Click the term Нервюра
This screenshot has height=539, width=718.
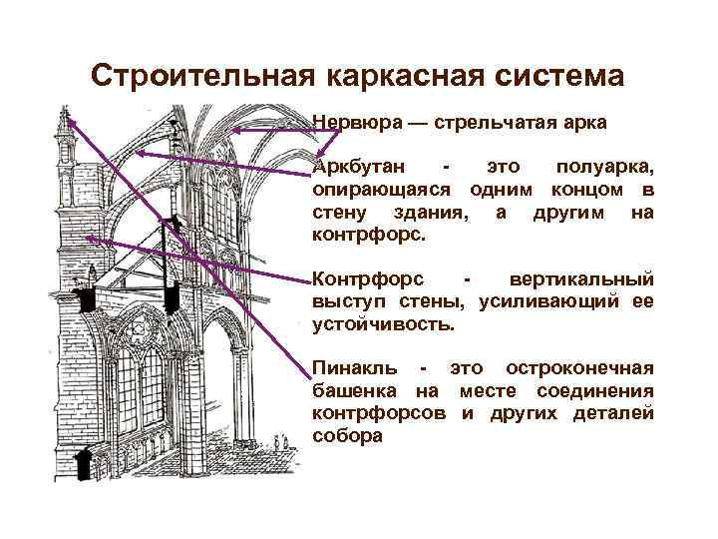pyautogui.click(x=354, y=123)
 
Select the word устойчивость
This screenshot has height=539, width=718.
pyautogui.click(x=383, y=323)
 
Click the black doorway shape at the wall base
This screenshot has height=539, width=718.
pyautogui.click(x=85, y=463)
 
